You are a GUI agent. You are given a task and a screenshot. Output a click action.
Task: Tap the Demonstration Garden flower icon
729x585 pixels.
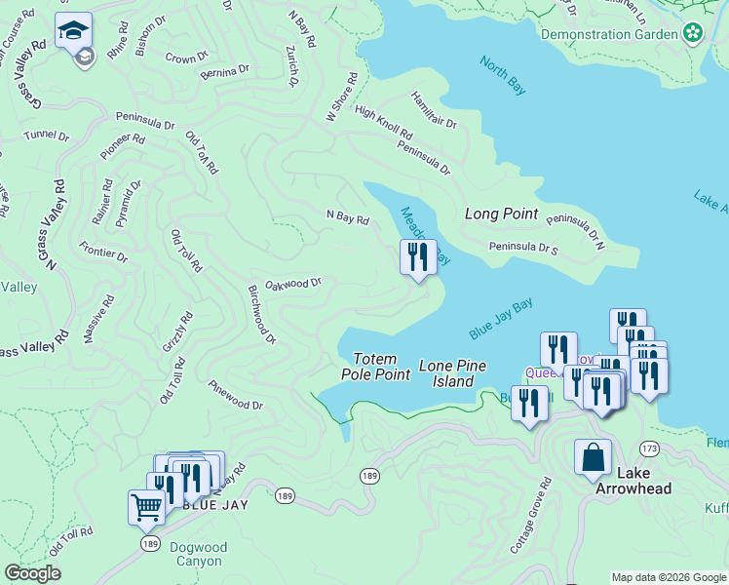click(693, 34)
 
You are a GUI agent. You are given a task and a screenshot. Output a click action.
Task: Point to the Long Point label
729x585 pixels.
click(501, 214)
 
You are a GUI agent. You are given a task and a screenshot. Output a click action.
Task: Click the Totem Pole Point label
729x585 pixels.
click(375, 367)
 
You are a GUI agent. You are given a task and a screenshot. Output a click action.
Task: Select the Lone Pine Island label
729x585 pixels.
click(452, 373)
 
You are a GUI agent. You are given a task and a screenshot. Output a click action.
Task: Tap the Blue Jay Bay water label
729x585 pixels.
click(500, 319)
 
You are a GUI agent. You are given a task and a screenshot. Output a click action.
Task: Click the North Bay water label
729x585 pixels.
click(503, 75)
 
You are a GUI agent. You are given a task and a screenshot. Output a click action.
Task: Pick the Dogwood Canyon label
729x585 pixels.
click(198, 554)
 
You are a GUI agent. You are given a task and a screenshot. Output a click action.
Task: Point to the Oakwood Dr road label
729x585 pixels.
click(292, 284)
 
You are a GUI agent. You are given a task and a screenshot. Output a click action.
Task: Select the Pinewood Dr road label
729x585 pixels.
click(235, 396)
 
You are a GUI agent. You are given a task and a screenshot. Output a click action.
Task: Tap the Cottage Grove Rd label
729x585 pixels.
click(531, 517)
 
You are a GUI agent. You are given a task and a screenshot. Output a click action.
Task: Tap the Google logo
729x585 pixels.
click(32, 573)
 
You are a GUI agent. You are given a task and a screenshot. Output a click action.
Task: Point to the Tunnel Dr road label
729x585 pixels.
click(47, 136)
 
